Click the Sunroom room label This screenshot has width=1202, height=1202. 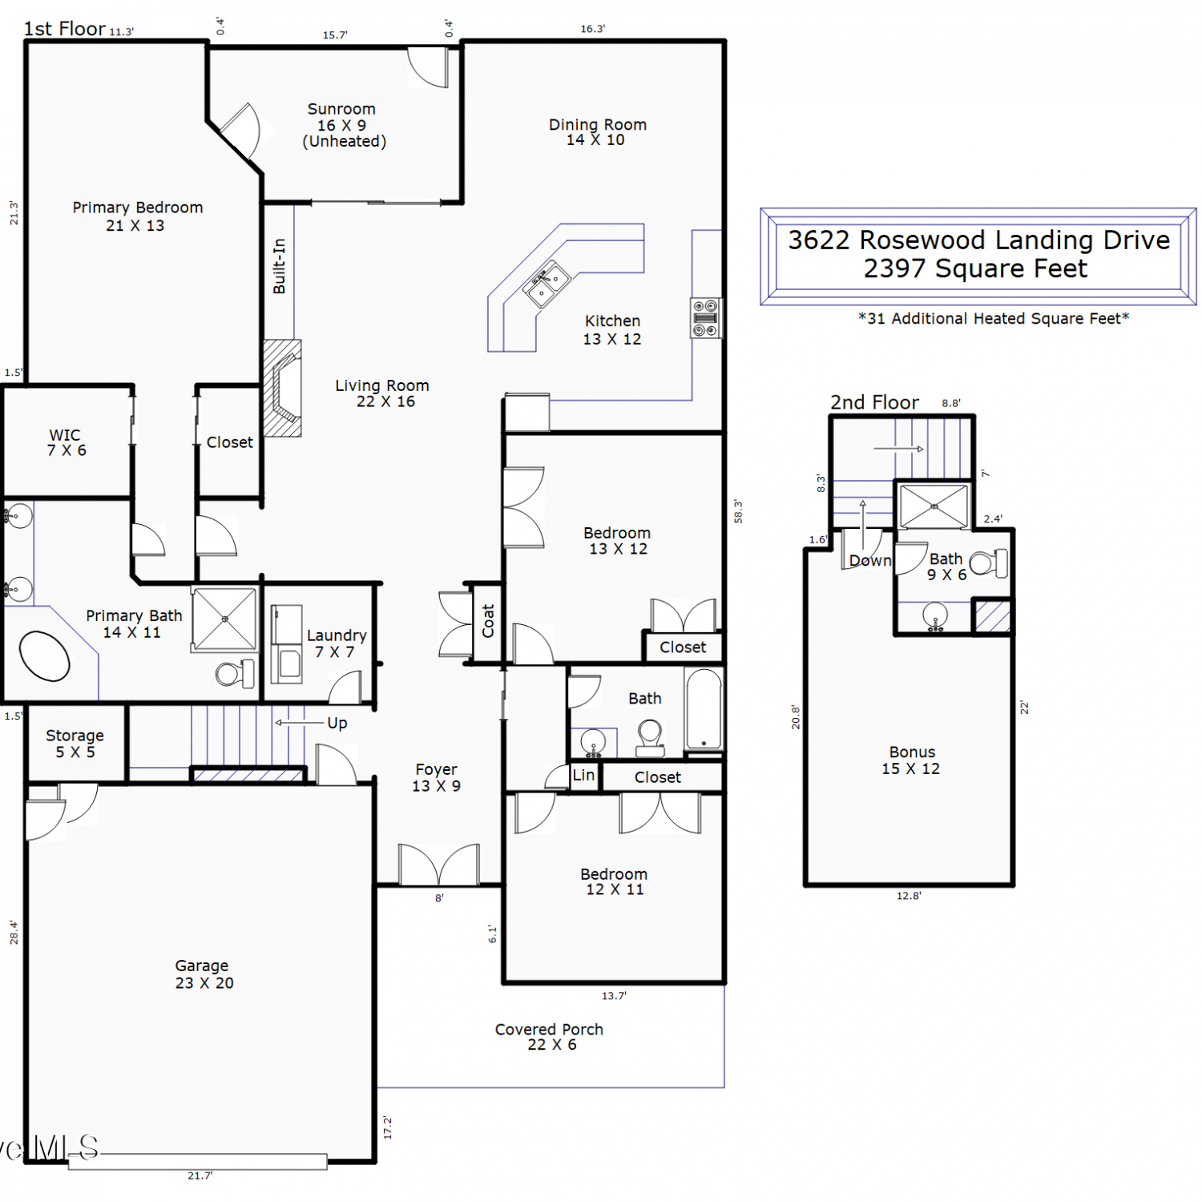pos(344,125)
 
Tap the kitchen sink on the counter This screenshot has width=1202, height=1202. pos(547,284)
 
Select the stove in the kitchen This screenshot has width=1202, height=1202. pos(705,317)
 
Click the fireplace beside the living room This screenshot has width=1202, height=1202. pos(283,388)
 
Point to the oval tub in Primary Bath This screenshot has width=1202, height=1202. pos(44,656)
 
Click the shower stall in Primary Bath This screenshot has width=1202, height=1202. pos(225,619)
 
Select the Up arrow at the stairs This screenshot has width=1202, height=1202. pos(300,723)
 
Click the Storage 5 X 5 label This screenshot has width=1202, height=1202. pos(75,743)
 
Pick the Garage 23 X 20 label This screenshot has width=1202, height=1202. pos(204,974)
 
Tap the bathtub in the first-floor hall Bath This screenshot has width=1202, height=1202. pos(704,709)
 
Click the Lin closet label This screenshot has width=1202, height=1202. pos(583,775)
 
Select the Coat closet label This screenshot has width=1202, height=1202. pos(488,621)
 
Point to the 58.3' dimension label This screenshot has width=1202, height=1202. pos(738,511)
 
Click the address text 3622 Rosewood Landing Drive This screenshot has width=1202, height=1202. pos(978,240)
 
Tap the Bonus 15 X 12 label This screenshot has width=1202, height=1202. pos(911,760)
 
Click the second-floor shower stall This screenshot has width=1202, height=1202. pos(934,506)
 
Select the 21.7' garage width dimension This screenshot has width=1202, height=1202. pos(200,1176)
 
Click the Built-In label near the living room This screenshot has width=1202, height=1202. pos(279,266)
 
